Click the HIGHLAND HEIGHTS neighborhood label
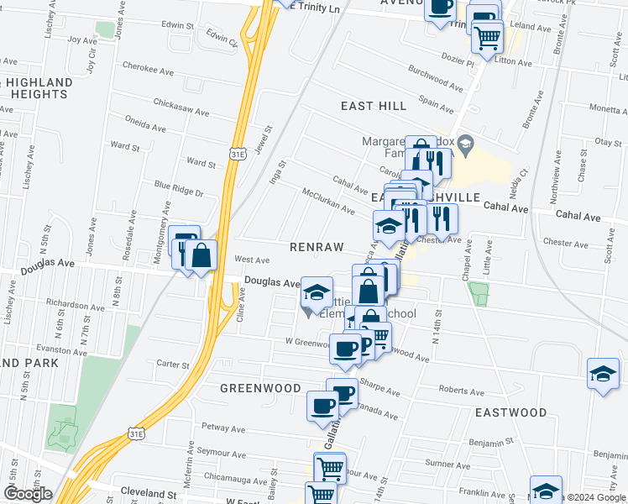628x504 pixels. point(34,87)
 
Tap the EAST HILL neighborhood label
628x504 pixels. point(374,106)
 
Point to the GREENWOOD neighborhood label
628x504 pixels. point(260,388)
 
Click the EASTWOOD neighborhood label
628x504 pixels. point(510,413)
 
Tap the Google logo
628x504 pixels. point(27,494)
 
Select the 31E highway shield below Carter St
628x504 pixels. point(136,432)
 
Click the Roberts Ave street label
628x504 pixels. point(462,391)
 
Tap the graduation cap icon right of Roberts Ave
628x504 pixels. point(603,372)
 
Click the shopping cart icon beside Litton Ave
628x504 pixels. point(487,36)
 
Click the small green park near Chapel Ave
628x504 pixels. point(479,294)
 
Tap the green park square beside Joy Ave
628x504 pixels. point(105,30)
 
